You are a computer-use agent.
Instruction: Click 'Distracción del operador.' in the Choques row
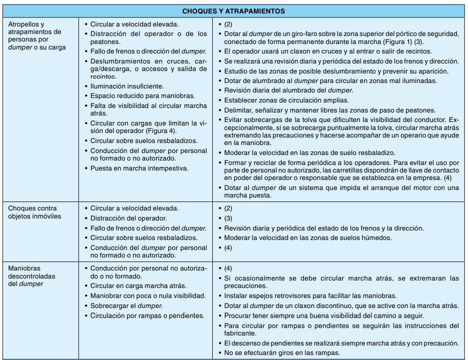tap(129, 218)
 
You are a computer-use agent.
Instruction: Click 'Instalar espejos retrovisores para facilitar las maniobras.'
tap(311, 295)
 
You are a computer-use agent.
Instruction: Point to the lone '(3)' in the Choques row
tap(229, 218)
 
